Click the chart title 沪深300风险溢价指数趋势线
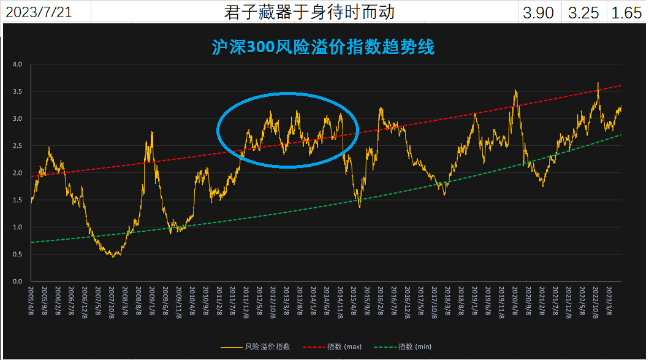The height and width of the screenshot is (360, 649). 323,47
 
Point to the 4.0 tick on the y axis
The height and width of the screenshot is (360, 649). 17,64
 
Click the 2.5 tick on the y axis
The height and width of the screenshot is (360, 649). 17,146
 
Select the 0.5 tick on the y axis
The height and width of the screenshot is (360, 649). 17,255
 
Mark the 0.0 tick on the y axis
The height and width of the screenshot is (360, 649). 17,281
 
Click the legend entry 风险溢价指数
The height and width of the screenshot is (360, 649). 267,347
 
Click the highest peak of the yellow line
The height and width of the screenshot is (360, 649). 598,83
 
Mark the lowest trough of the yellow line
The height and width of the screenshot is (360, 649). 113,256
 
